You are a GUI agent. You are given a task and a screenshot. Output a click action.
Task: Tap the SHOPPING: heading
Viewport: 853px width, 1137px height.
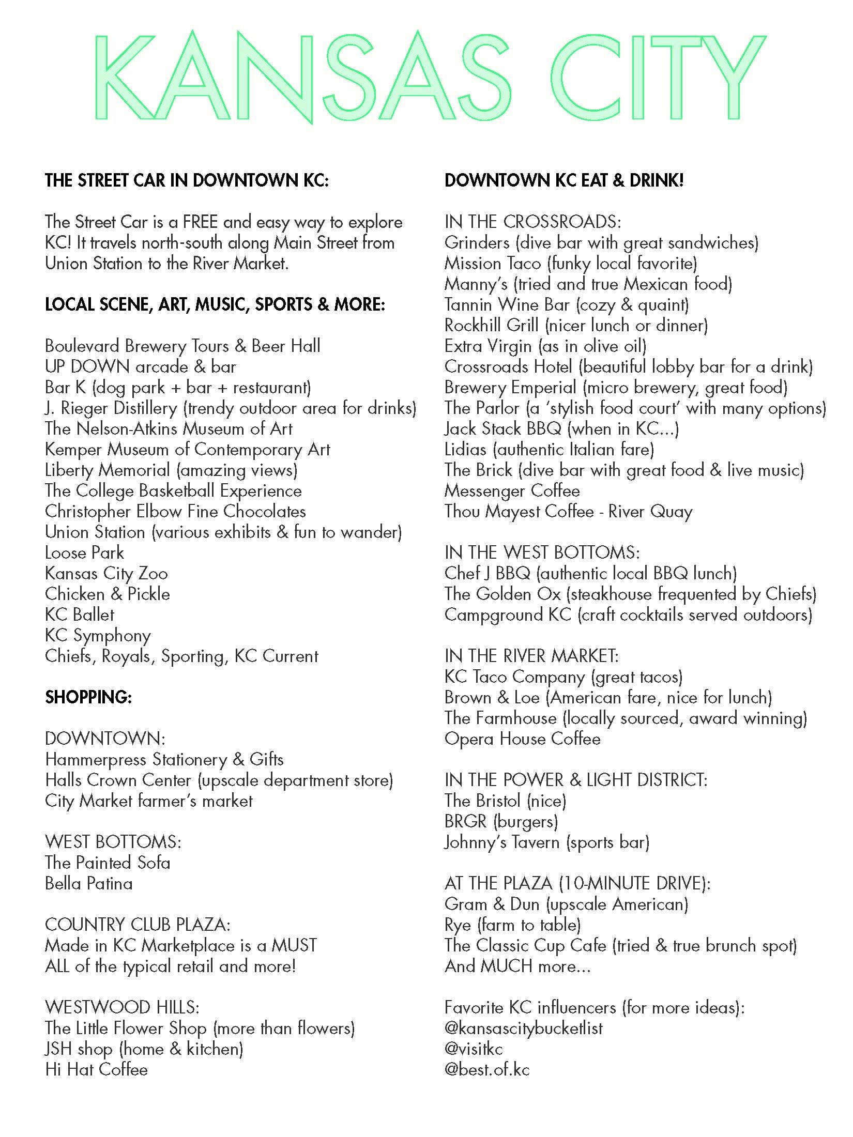[88, 698]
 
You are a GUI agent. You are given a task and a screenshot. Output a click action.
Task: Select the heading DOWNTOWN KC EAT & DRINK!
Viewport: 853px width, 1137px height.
[564, 180]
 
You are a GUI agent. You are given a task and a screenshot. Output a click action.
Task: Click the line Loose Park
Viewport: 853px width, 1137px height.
[84, 553]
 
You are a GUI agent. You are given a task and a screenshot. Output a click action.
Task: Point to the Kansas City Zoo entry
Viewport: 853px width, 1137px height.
[106, 574]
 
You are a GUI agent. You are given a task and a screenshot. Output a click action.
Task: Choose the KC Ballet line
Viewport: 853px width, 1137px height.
[80, 615]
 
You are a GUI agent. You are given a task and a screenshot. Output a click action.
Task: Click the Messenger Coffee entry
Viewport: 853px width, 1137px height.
[512, 491]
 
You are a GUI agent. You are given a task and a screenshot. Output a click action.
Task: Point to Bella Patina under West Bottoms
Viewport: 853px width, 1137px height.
[88, 883]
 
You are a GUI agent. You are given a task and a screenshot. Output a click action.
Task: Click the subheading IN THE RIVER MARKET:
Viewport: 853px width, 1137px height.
[531, 656]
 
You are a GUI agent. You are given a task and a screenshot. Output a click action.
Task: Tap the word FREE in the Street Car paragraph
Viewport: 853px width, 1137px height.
[195, 222]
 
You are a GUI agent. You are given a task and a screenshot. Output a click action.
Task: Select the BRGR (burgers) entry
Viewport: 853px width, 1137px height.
[501, 821]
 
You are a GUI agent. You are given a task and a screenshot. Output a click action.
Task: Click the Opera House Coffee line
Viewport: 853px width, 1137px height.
[522, 739]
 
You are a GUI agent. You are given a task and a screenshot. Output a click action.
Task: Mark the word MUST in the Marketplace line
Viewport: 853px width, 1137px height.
[294, 945]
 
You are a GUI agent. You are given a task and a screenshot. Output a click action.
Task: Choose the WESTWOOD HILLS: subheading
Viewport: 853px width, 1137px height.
[122, 1007]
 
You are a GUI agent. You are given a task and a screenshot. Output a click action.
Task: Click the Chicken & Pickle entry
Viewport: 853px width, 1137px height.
[108, 594]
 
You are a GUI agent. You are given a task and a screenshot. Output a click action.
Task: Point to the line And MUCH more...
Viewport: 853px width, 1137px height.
[517, 966]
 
